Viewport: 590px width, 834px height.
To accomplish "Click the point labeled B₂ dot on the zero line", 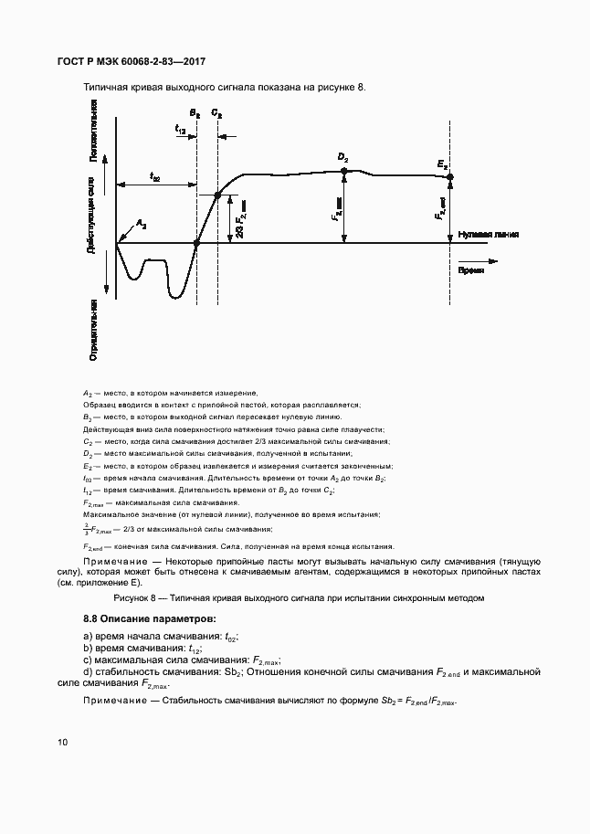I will (x=197, y=243).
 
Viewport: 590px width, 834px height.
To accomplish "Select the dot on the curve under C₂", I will (x=217, y=195).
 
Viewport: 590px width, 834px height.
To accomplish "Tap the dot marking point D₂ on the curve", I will (x=343, y=171).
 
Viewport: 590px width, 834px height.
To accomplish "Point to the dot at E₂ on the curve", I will (x=449, y=176).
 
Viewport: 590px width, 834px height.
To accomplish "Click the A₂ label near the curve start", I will (x=141, y=223).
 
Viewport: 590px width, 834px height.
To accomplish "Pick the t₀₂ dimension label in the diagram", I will (x=154, y=177).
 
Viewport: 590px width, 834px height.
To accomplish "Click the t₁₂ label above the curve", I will (x=180, y=131).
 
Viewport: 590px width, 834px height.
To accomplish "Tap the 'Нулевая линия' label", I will (x=489, y=234).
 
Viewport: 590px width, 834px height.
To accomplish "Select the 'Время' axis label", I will (x=471, y=271).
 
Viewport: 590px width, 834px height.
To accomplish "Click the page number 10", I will (x=62, y=742).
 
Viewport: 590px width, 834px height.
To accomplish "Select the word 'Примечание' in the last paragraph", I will (x=116, y=701).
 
